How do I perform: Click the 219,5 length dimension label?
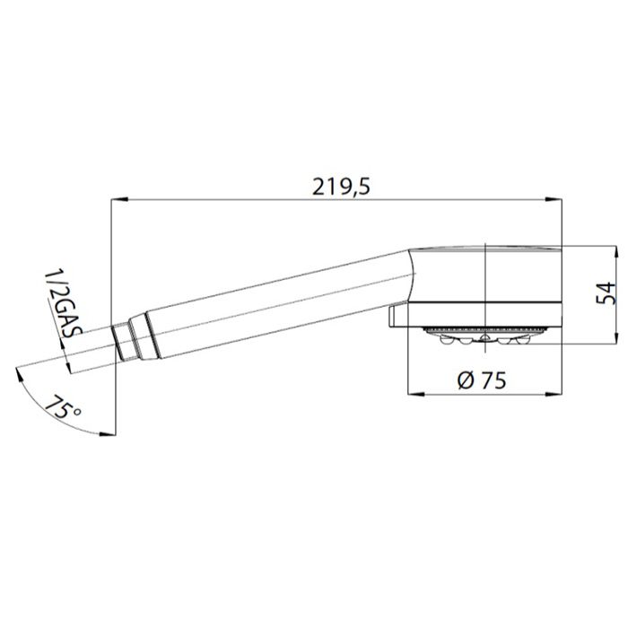click(x=341, y=187)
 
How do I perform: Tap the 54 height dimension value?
click(x=606, y=293)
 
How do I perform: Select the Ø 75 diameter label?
click(x=482, y=379)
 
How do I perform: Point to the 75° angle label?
click(x=63, y=407)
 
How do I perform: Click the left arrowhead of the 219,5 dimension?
click(x=119, y=199)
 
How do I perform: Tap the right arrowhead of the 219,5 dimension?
click(x=554, y=199)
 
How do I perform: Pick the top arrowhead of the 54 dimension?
click(x=616, y=254)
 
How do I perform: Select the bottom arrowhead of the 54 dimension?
click(x=616, y=335)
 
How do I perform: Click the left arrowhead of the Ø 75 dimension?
click(x=415, y=394)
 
